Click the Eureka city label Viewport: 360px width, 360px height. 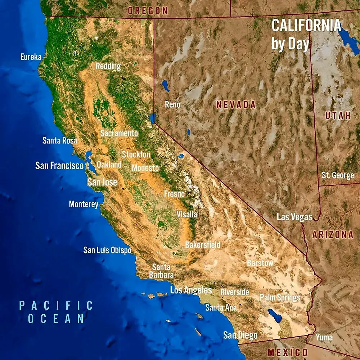[x=31, y=57]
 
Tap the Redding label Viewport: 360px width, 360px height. [x=108, y=66]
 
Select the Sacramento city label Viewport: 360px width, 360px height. [x=119, y=133]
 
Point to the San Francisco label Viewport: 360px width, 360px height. [x=59, y=166]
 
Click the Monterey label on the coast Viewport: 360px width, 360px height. [x=84, y=204]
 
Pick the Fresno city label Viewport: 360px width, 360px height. [x=174, y=194]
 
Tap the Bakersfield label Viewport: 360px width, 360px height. [x=203, y=245]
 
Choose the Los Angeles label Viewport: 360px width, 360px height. [x=191, y=290]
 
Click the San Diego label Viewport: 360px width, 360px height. [x=240, y=336]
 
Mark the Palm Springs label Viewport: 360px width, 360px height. [x=280, y=298]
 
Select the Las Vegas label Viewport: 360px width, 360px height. [x=294, y=217]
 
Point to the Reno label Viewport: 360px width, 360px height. [x=172, y=104]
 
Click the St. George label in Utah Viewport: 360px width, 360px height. [x=338, y=176]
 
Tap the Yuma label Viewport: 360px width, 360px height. [x=324, y=338]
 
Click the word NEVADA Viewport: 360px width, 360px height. [x=236, y=105]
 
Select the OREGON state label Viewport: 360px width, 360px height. [x=148, y=11]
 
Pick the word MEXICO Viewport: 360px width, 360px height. [x=288, y=352]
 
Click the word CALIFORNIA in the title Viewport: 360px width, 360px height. [x=306, y=25]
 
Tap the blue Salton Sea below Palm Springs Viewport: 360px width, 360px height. [x=275, y=316]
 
